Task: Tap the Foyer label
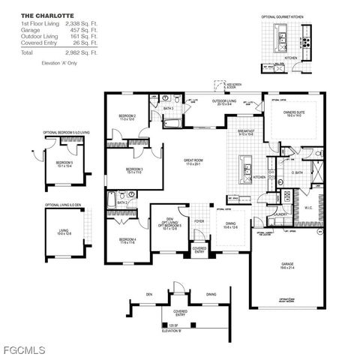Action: (199, 221)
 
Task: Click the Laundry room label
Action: (281, 214)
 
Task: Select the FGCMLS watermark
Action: (23, 350)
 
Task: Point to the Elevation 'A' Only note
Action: (59, 64)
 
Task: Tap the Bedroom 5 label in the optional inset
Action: (64, 163)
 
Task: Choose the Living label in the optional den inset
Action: (64, 232)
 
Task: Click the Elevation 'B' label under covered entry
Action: (172, 330)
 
